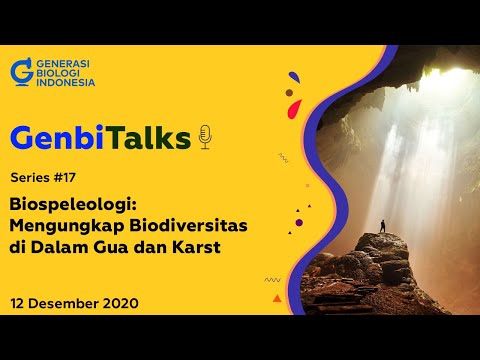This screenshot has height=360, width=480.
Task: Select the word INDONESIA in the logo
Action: click(x=65, y=82)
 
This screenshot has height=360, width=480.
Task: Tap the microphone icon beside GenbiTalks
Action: click(x=205, y=137)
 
